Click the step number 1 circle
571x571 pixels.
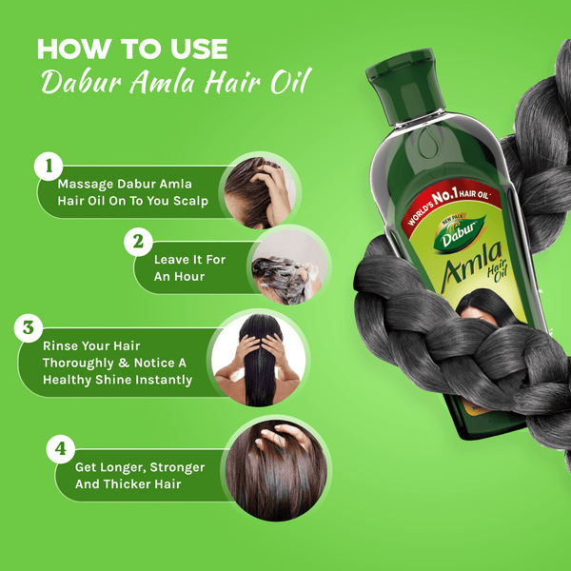pos(49,167)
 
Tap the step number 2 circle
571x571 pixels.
pos(138,242)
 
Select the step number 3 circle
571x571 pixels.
pos(29,328)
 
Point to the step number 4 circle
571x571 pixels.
pos(61,449)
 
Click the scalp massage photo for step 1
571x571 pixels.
pos(260,192)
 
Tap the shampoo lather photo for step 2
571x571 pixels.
pos(289,266)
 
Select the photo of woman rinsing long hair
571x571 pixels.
pos(258,360)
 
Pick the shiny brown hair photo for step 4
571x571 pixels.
pos(276,470)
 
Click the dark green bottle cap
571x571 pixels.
pos(405,86)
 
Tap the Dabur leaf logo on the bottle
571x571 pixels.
pos(460,233)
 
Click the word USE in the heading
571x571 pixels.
pos(199,49)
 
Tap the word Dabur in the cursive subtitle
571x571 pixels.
pos(81,80)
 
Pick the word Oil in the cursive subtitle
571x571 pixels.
pos(290,80)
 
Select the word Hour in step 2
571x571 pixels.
pos(188,277)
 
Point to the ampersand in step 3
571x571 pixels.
pos(124,363)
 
